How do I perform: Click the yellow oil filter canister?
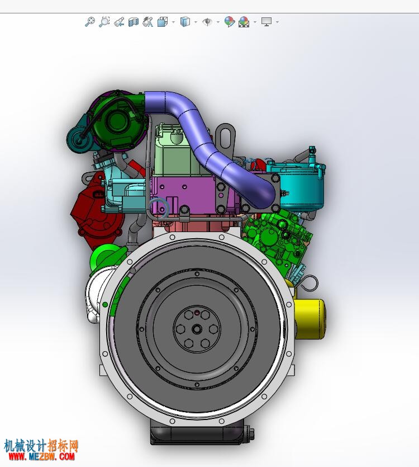click(x=310, y=318)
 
